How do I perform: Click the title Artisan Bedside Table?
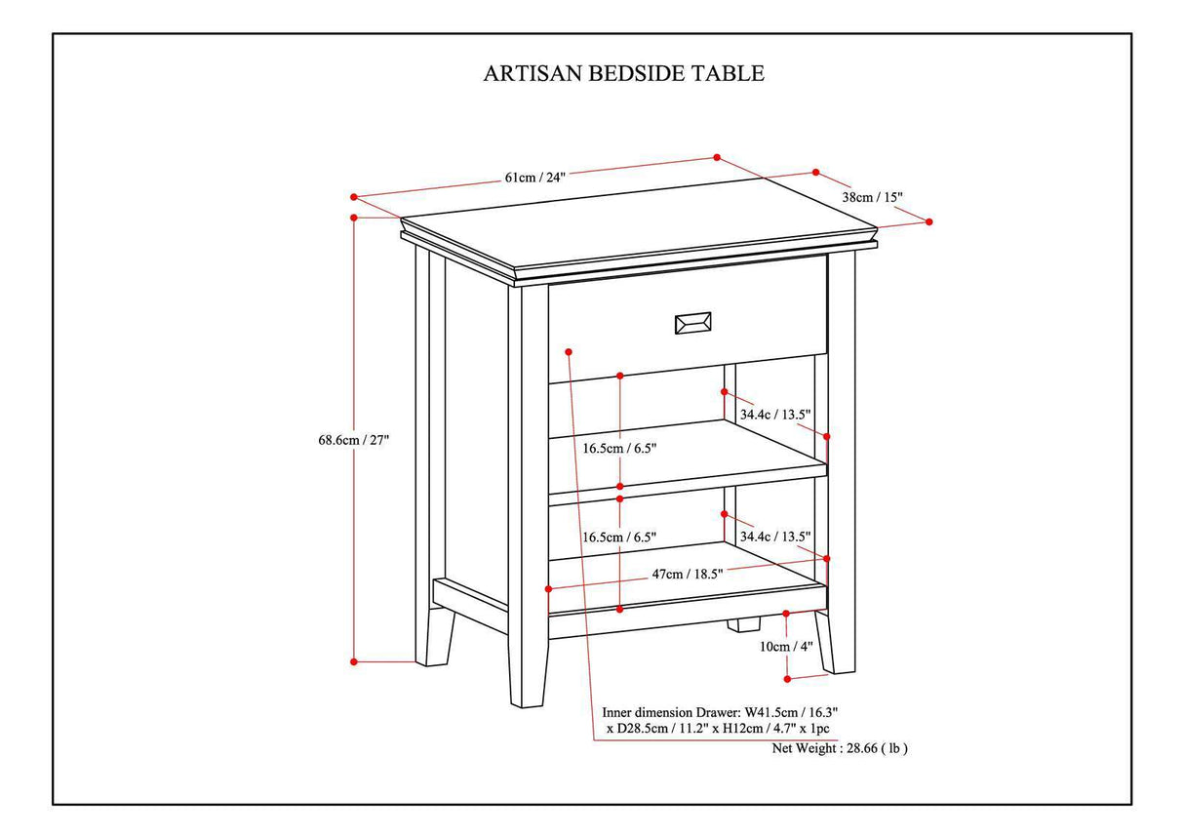(x=623, y=73)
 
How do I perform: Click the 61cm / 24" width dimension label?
(x=534, y=177)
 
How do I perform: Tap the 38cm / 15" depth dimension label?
(x=872, y=197)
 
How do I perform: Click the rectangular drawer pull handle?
(x=692, y=323)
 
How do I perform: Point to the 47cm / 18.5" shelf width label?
(x=687, y=575)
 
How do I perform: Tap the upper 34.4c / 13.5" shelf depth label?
(x=775, y=414)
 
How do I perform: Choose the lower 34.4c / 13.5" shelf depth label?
(x=775, y=537)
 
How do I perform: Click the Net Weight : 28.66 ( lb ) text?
(x=839, y=748)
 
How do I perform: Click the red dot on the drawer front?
(x=568, y=350)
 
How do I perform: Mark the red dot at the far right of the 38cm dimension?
(x=928, y=221)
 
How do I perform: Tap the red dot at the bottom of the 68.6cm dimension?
(x=354, y=661)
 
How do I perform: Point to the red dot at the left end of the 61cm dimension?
(x=354, y=195)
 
